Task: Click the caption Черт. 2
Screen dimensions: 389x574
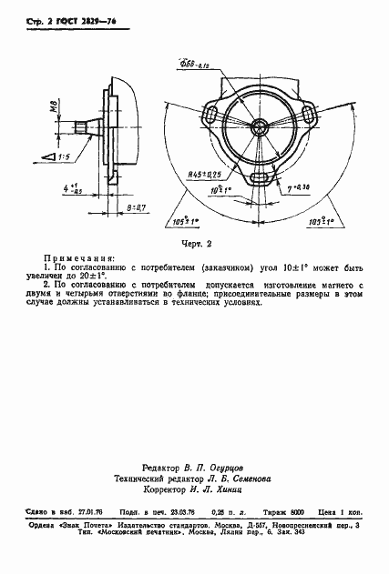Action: tap(196, 244)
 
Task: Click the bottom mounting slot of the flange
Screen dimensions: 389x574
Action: tap(260, 176)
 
